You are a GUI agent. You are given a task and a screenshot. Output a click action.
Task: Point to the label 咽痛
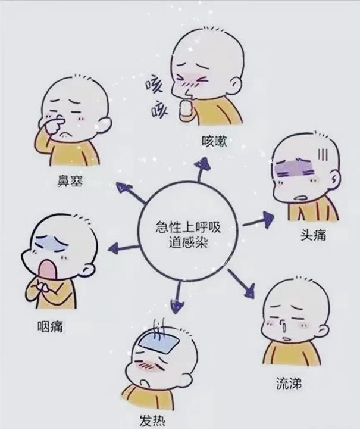pos(50,326)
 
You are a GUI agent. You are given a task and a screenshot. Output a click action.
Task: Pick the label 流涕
pos(289,381)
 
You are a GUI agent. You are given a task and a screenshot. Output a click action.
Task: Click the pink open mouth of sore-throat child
pos(46,270)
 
